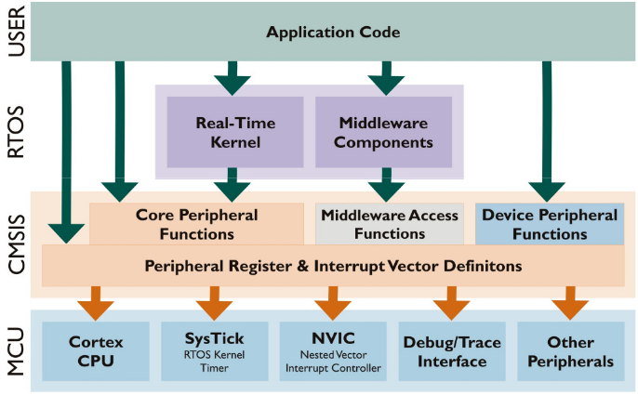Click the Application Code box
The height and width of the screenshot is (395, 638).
(x=333, y=33)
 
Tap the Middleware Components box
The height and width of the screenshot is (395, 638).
(x=383, y=132)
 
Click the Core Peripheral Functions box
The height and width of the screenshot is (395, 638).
(x=196, y=224)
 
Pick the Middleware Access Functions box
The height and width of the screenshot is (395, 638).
(x=390, y=224)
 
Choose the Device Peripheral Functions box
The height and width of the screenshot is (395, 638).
(x=549, y=224)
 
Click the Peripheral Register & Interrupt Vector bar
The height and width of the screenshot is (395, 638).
(x=333, y=266)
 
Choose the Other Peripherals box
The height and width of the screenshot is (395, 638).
(x=569, y=351)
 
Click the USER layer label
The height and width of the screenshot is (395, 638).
(x=16, y=33)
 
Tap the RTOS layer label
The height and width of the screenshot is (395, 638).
(x=16, y=131)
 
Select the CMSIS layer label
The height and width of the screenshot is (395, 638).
(x=16, y=244)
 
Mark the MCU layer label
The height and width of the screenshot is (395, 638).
(x=16, y=351)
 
